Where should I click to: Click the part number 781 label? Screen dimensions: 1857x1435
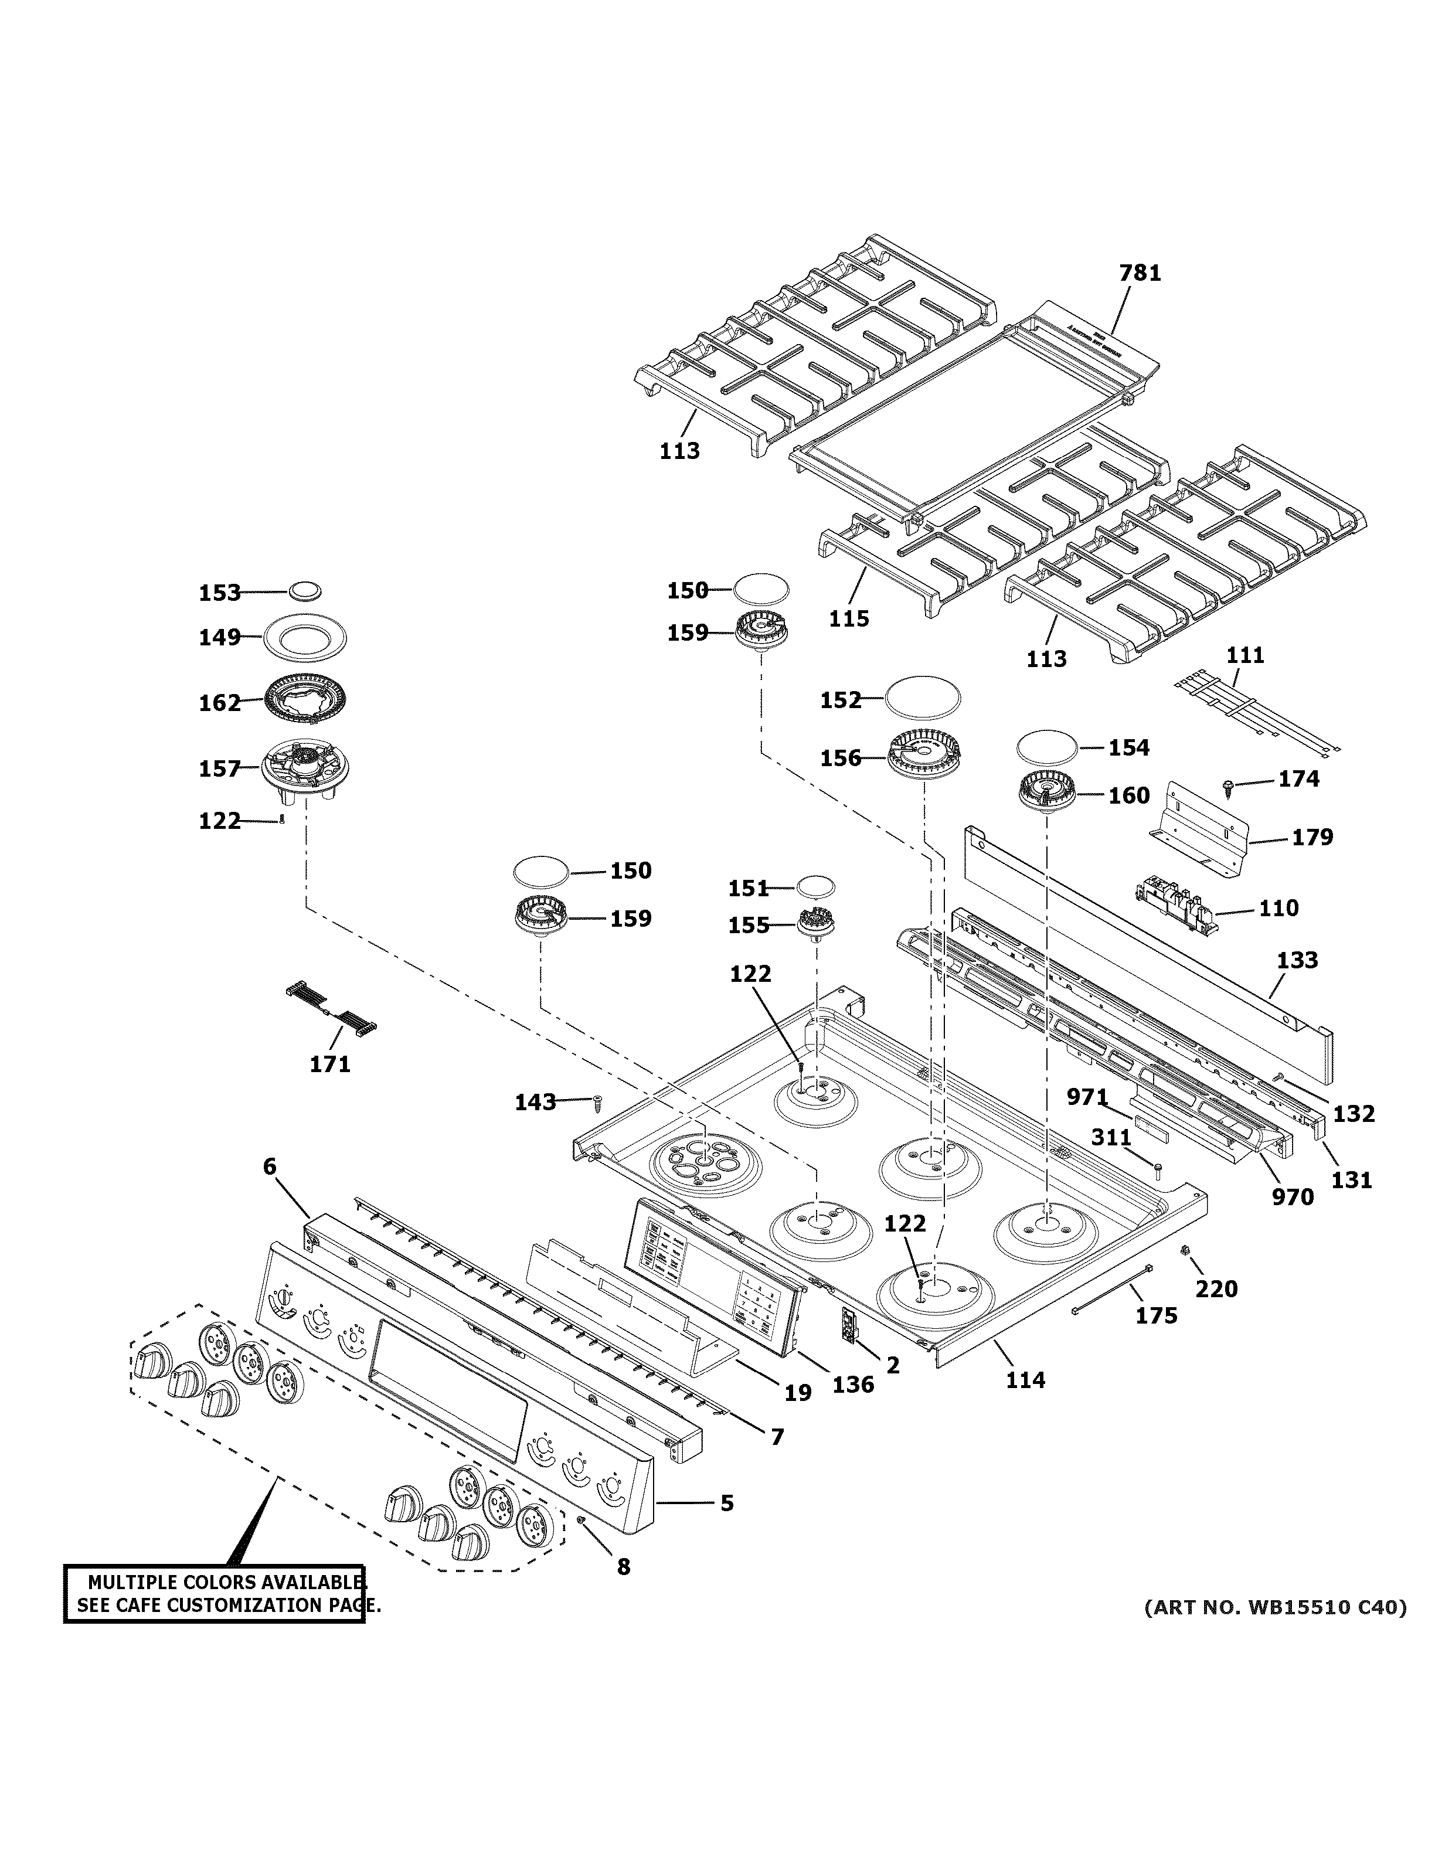1139,273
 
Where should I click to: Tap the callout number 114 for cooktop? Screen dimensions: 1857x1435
1025,1379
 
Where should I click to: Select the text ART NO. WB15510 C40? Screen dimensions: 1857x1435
1274,1607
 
